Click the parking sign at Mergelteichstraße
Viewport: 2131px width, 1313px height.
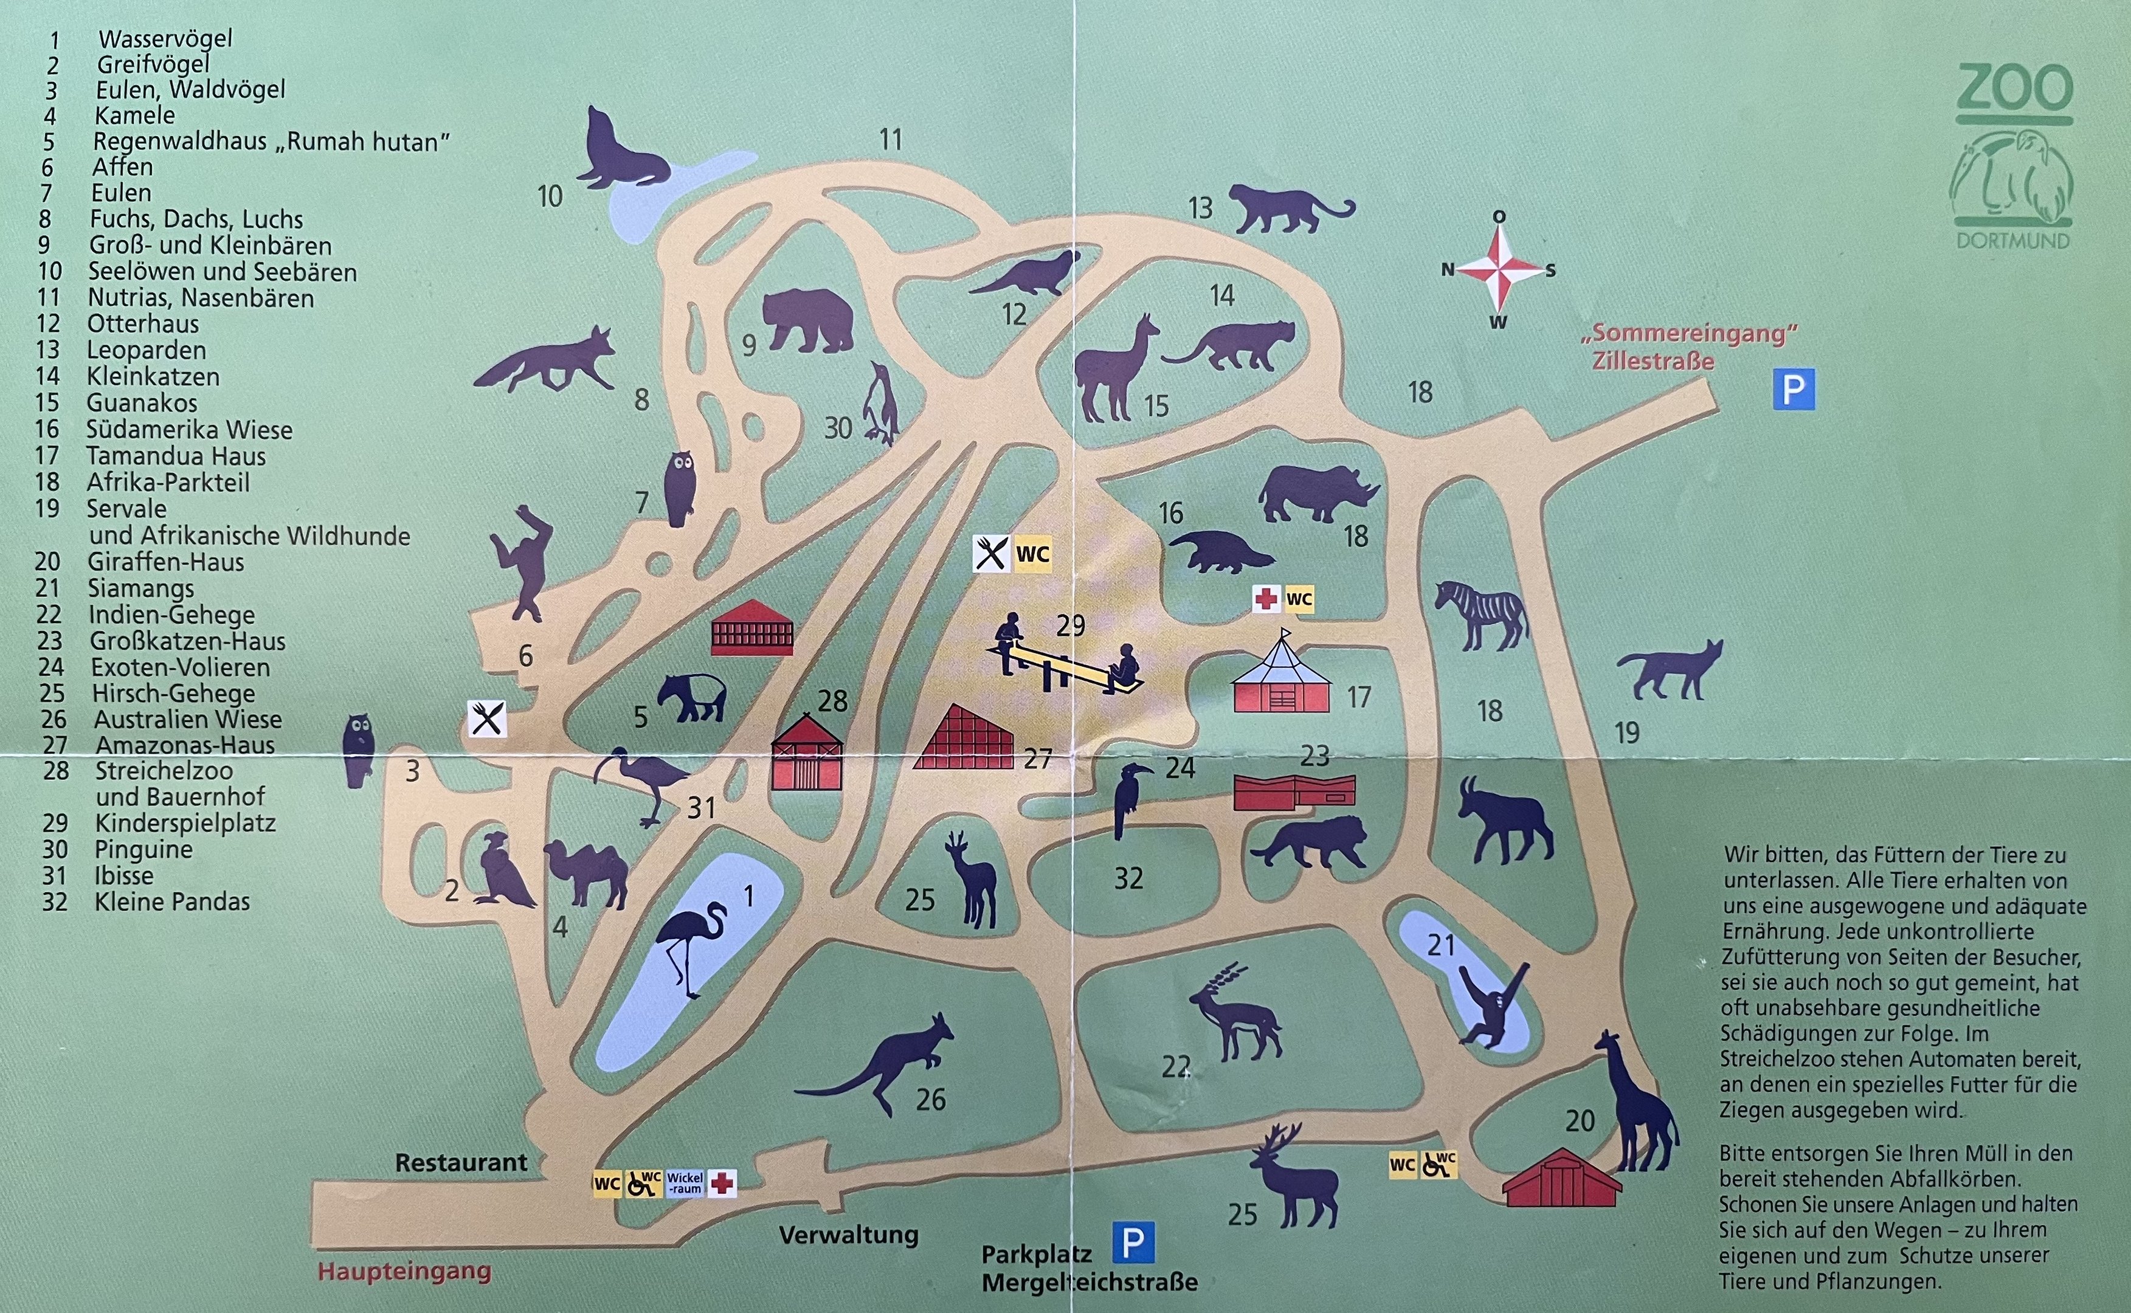pyautogui.click(x=1133, y=1242)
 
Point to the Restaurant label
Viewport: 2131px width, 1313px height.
pyautogui.click(x=461, y=1163)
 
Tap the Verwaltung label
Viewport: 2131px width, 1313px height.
pyautogui.click(x=848, y=1235)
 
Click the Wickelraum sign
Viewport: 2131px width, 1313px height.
pyautogui.click(x=685, y=1183)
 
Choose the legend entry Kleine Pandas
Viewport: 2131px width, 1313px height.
pyautogui.click(x=172, y=901)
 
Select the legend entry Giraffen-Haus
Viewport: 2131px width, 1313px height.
pyautogui.click(x=165, y=562)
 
